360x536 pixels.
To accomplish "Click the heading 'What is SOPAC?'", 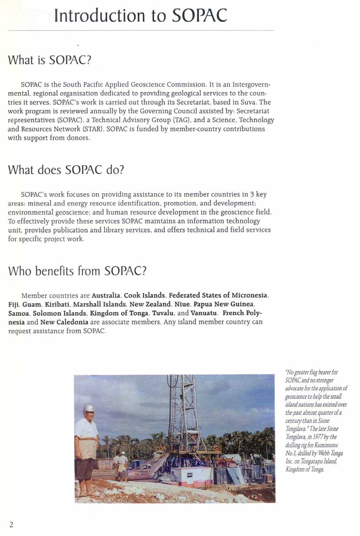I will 50,60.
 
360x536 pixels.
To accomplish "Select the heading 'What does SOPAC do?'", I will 66,170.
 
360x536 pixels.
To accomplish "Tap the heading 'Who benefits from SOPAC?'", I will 77,271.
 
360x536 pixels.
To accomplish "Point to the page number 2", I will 11,525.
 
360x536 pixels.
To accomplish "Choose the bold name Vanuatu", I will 202,313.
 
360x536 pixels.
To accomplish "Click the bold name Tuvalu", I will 163,313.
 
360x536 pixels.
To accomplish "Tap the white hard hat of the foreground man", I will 89,407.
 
